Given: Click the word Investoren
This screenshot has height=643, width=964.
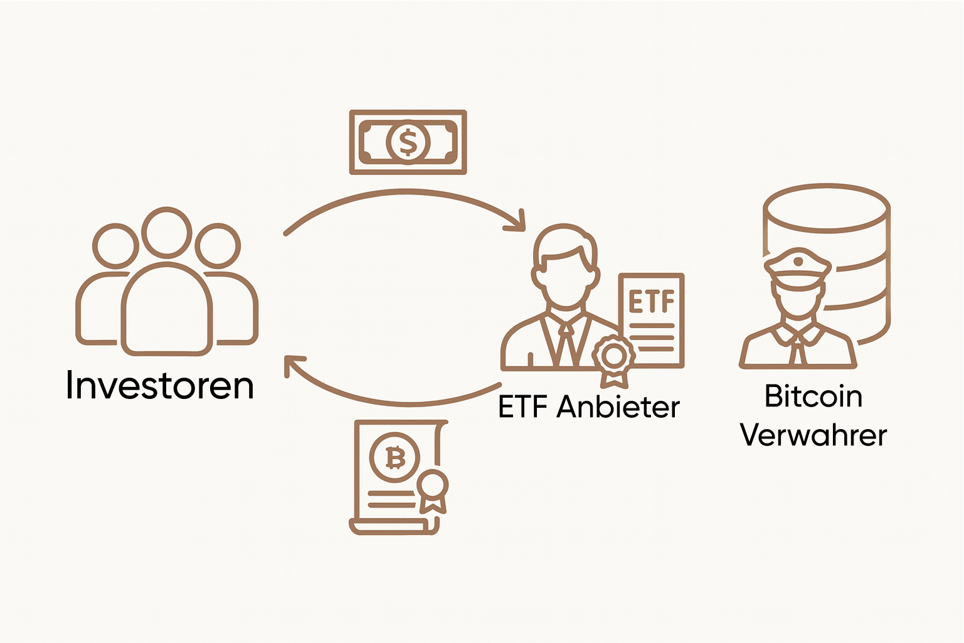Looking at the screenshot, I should (160, 385).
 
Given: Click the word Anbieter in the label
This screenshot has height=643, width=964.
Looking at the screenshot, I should (618, 407).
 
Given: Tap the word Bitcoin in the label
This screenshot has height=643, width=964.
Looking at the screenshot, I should (813, 396).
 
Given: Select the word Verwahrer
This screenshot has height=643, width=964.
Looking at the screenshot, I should (813, 435).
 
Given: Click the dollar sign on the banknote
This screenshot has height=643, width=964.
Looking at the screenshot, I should (408, 142).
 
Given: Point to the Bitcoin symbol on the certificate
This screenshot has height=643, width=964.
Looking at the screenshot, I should (395, 457).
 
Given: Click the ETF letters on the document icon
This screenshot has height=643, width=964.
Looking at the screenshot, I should (652, 302).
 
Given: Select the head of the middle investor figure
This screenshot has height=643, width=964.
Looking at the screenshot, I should (166, 232).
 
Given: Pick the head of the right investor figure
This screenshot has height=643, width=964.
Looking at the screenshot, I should (218, 246).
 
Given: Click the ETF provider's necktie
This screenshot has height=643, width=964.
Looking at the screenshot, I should (566, 345).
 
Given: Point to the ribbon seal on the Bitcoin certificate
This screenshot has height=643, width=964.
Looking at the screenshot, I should (432, 486).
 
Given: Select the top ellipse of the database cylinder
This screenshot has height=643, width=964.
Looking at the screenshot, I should (827, 208).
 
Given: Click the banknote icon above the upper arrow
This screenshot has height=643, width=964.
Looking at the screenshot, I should (408, 142).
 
